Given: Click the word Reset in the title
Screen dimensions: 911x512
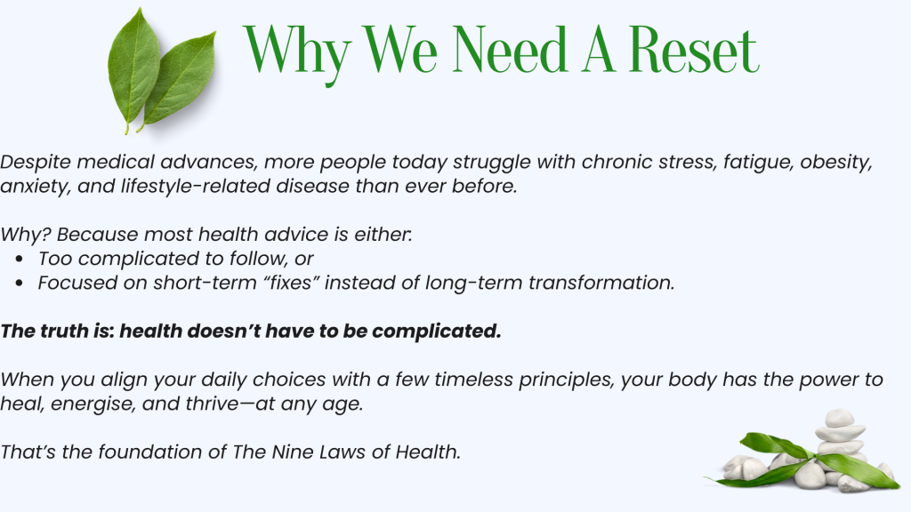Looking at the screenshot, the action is (x=694, y=50).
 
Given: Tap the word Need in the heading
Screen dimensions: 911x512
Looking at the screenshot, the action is (x=510, y=50).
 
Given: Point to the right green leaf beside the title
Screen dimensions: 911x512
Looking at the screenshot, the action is (x=178, y=80).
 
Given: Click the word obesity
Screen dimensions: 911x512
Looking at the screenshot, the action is (x=836, y=162).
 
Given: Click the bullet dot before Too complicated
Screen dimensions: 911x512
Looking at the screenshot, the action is (x=20, y=259).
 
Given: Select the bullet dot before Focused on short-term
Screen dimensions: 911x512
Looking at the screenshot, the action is (x=20, y=284).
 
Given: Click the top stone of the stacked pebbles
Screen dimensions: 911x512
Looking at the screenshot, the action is (x=840, y=418).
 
